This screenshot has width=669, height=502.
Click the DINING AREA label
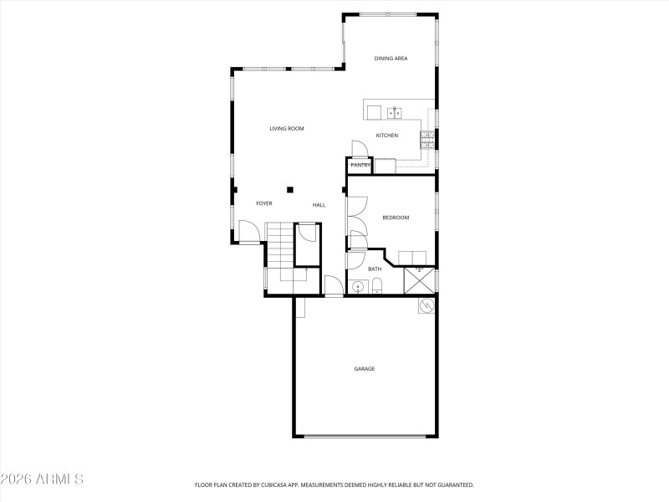[x=391, y=59]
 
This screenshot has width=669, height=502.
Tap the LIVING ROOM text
[x=286, y=129]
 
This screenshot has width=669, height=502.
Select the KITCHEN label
[x=386, y=136]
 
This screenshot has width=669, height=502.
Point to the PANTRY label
[x=360, y=166]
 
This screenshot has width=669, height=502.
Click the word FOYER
[x=264, y=203]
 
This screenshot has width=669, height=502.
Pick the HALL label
[x=319, y=205]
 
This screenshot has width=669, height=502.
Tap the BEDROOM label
[x=396, y=218]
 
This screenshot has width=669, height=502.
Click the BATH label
[x=375, y=269]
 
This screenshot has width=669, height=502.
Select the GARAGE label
[x=364, y=369]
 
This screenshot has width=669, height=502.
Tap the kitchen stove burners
[x=427, y=136]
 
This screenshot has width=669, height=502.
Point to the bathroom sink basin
[x=358, y=288]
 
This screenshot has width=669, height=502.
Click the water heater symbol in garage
[x=426, y=306]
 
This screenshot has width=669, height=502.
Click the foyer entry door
[x=248, y=231]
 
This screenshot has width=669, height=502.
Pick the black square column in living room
[x=290, y=189]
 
